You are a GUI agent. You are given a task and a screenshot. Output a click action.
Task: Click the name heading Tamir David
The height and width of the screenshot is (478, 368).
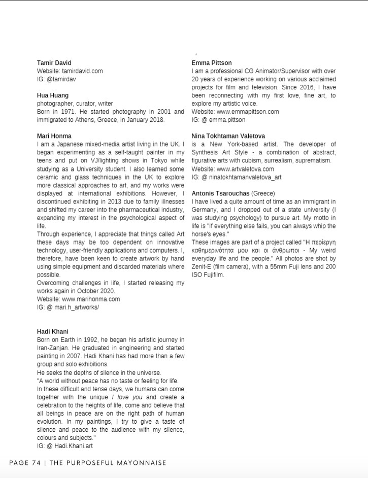pos(54,63)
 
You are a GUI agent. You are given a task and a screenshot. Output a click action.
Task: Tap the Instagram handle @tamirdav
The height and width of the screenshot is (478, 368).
pos(61,79)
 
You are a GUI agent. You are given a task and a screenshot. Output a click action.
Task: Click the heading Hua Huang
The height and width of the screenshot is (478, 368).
pos(53,95)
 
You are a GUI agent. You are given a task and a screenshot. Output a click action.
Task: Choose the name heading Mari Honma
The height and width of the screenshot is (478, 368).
pos(54,136)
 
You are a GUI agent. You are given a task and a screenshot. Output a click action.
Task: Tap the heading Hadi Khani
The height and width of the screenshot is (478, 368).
pos(52,331)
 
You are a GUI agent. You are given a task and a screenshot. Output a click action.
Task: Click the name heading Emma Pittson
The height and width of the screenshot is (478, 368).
pos(212,63)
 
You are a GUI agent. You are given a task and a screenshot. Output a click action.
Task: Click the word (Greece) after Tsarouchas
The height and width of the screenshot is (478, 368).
pos(263,193)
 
